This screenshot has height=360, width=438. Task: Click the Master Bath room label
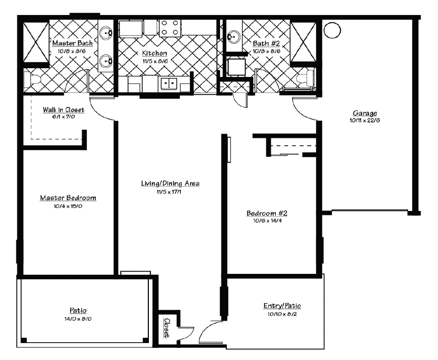pyautogui.click(x=73, y=43)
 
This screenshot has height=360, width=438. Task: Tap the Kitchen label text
pyautogui.click(x=155, y=53)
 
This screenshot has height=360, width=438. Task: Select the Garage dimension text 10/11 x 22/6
pyautogui.click(x=365, y=120)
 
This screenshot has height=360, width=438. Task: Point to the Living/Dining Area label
pyautogui.click(x=170, y=183)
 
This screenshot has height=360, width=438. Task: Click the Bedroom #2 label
pyautogui.click(x=267, y=213)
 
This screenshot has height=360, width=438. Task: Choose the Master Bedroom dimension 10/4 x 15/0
pyautogui.click(x=68, y=206)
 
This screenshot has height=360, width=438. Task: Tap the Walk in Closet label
pyautogui.click(x=63, y=109)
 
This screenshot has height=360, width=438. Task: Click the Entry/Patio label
pyautogui.click(x=282, y=306)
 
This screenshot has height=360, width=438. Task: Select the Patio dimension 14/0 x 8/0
pyautogui.click(x=78, y=319)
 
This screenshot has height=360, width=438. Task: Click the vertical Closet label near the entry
pyautogui.click(x=167, y=328)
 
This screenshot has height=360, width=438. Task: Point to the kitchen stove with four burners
pyautogui.click(x=170, y=28)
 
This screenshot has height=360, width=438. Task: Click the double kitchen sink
pyautogui.click(x=169, y=84)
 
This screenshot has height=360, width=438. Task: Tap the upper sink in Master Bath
pyautogui.click(x=106, y=33)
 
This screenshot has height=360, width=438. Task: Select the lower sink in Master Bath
pyautogui.click(x=106, y=60)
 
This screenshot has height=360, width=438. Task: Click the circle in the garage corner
pyautogui.click(x=333, y=30)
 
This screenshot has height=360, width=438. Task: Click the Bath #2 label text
pyautogui.click(x=266, y=44)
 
